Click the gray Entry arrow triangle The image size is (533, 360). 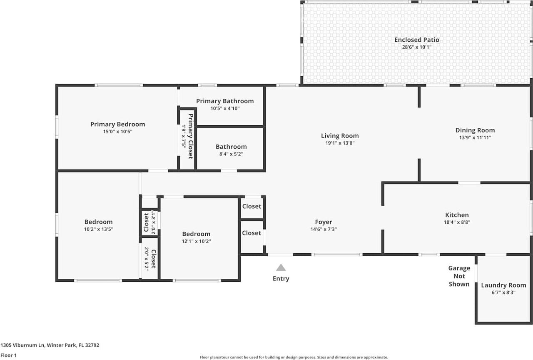pyautogui.click(x=281, y=268)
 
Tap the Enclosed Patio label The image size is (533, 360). pyautogui.click(x=417, y=40)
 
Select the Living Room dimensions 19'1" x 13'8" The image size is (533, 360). pyautogui.click(x=340, y=143)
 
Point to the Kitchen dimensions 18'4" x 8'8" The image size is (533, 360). pyautogui.click(x=457, y=222)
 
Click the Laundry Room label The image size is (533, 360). pyautogui.click(x=503, y=285)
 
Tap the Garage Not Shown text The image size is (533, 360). pyautogui.click(x=459, y=276)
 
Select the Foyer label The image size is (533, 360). pyautogui.click(x=324, y=222)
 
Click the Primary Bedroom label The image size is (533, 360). pyautogui.click(x=117, y=124)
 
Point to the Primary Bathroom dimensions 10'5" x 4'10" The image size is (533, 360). pyautogui.click(x=225, y=108)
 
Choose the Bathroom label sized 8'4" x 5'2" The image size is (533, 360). pyautogui.click(x=231, y=147)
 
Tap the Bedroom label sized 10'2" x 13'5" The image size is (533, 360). pyautogui.click(x=98, y=222)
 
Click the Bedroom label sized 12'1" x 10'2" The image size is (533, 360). pyautogui.click(x=196, y=234)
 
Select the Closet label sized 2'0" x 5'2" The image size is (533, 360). pyautogui.click(x=153, y=259)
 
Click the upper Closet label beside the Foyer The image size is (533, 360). pyautogui.click(x=252, y=206)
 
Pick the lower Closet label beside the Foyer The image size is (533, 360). pyautogui.click(x=252, y=233)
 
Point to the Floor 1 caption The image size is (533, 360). pyautogui.click(x=8, y=355)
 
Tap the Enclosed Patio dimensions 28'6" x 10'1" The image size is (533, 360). pyautogui.click(x=417, y=47)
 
